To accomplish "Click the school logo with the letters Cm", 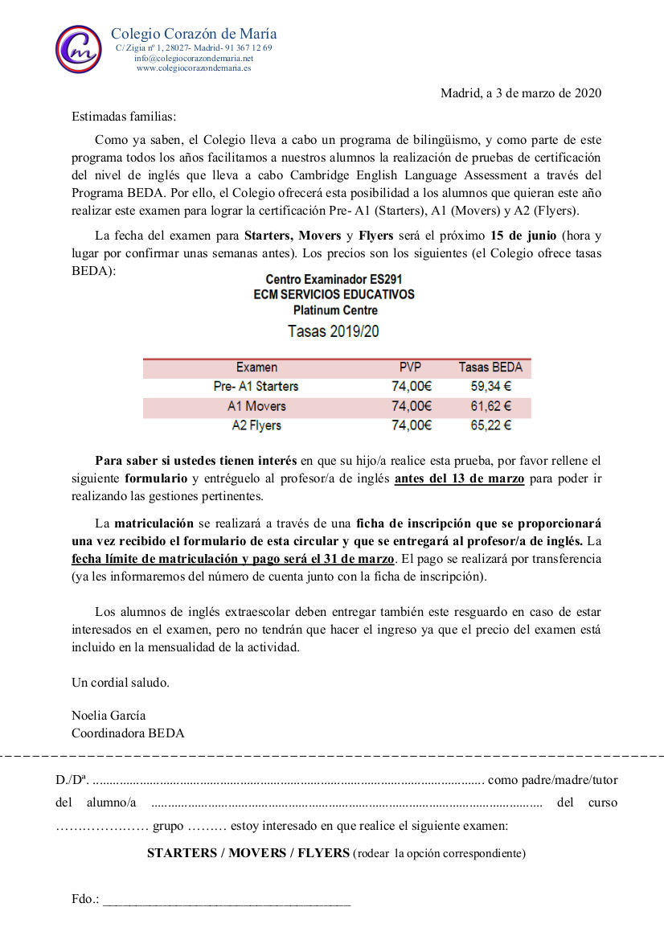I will [x=78, y=49].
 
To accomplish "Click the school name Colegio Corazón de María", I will [x=194, y=34].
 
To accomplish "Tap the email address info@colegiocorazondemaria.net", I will [x=194, y=59].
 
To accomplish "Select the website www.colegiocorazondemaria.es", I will [x=194, y=68].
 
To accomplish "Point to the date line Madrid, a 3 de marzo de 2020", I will [x=521, y=93].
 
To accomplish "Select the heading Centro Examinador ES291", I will [x=334, y=280].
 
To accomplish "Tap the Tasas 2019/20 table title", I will [x=334, y=330].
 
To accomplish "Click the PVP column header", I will [x=411, y=367].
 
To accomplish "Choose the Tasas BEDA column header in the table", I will [x=490, y=367].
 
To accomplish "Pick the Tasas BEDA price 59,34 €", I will [x=490, y=387].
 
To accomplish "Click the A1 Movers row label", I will [x=256, y=406].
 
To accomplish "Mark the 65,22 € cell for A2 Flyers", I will [x=490, y=425].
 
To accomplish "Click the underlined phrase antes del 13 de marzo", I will [x=460, y=479].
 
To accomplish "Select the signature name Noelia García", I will [x=109, y=716].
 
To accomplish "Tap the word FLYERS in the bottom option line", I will [x=324, y=853].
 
